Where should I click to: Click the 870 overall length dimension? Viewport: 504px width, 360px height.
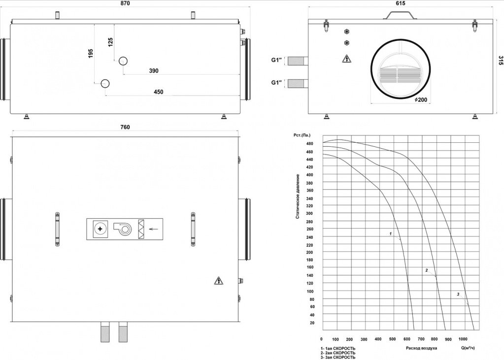(x=125, y=3)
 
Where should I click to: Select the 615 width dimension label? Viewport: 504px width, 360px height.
(x=400, y=3)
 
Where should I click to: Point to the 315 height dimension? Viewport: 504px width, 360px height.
(x=501, y=61)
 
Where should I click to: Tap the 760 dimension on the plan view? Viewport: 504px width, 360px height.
(x=125, y=127)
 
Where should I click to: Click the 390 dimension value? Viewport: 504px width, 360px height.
(x=154, y=71)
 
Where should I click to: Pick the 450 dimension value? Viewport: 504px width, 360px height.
(x=159, y=92)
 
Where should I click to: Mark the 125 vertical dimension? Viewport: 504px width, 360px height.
(x=110, y=42)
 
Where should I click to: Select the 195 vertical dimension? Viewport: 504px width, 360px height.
(x=91, y=53)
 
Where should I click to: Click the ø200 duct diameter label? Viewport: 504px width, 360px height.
(x=421, y=99)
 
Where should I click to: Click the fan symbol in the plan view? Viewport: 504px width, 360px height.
(x=123, y=229)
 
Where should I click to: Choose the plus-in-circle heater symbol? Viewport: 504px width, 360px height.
(x=100, y=229)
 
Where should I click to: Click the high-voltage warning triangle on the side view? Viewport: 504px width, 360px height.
(x=346, y=59)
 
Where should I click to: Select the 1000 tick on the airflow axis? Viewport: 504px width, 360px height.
(x=463, y=339)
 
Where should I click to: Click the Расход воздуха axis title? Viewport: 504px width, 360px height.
(x=421, y=348)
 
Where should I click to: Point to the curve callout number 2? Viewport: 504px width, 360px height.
(x=427, y=270)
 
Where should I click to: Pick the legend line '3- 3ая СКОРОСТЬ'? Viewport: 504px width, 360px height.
(x=338, y=357)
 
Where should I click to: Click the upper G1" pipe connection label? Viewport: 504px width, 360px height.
(x=276, y=60)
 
